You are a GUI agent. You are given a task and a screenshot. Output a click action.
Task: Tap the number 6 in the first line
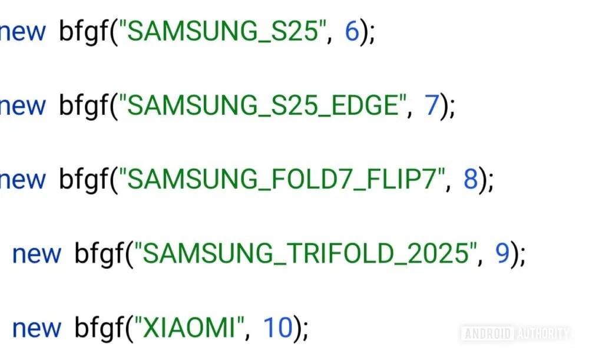pos(352,32)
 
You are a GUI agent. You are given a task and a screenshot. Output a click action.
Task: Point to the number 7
pos(432,106)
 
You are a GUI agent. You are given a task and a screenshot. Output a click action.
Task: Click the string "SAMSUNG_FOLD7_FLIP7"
pos(285,180)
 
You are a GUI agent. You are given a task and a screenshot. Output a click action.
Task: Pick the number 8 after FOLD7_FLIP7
pos(470,180)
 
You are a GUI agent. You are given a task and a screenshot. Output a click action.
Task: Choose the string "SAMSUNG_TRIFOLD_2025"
pos(309,254)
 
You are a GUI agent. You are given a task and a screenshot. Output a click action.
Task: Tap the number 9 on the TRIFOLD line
pos(501,254)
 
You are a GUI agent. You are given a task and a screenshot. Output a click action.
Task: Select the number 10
pos(277,328)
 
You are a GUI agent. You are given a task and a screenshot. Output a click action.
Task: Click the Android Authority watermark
pos(515,334)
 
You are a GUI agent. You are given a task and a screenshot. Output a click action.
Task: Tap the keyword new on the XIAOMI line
pos(37,328)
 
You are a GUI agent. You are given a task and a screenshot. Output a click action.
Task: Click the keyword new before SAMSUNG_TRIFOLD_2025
pos(37,254)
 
